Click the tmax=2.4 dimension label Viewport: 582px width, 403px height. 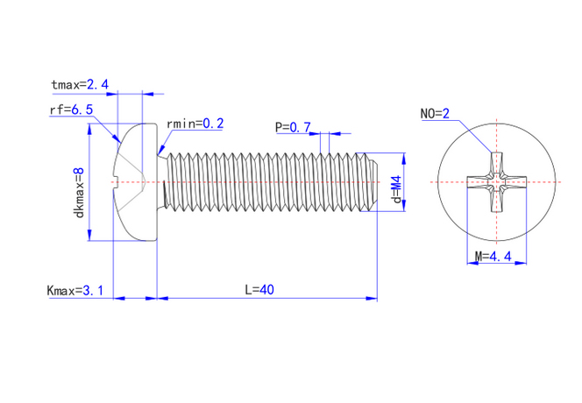[80, 85]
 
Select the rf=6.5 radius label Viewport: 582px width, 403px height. [71, 110]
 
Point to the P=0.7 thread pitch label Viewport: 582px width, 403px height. [293, 128]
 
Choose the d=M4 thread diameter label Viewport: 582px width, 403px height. [396, 189]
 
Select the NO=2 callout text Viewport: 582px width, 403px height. [435, 114]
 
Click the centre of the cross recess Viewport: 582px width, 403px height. [497, 181]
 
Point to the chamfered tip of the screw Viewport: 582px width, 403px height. [373, 181]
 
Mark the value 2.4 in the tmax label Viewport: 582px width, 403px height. [97, 85]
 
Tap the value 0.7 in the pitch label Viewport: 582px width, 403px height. [302, 128]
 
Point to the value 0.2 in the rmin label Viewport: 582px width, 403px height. [213, 124]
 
